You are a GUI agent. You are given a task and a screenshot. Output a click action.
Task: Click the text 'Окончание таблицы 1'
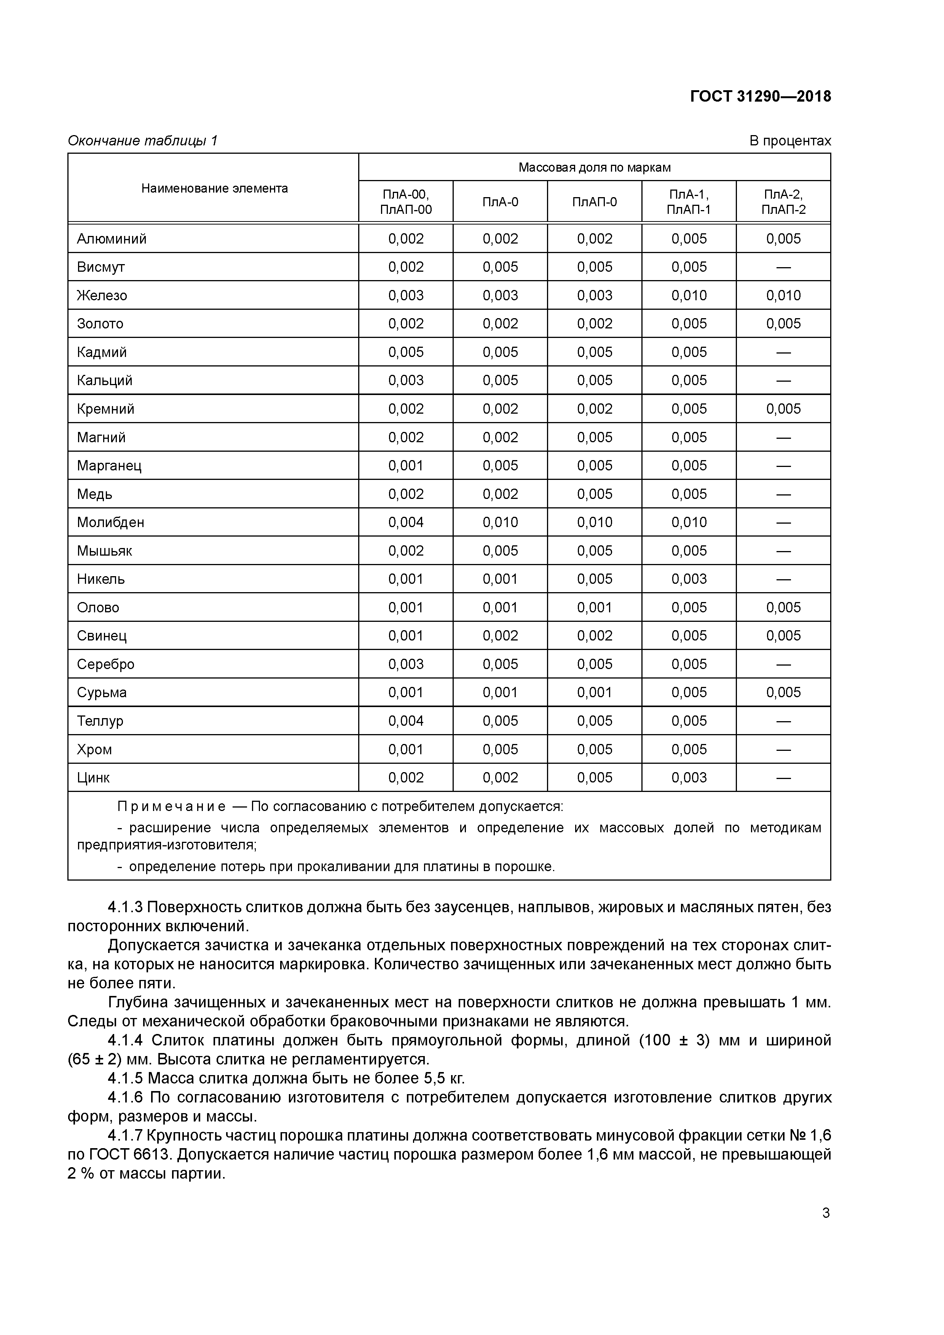pos(142,141)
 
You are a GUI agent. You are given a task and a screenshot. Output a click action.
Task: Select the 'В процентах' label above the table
pos(790,141)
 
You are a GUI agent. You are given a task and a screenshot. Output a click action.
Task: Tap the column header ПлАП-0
pos(595,202)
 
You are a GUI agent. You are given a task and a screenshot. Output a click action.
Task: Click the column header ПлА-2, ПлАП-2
pos(783,202)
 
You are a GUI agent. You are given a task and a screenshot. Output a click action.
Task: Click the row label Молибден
pos(110,522)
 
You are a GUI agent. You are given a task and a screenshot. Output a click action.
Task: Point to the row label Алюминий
pos(112,239)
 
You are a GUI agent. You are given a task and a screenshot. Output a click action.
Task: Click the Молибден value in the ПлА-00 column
pos(406,522)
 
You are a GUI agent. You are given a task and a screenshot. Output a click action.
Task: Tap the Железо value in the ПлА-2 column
pos(783,295)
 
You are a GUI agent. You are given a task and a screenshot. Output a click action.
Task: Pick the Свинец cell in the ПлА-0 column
pos(500,636)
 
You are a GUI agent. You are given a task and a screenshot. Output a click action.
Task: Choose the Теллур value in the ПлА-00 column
pos(406,721)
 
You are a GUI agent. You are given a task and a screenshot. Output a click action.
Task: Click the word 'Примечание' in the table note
pos(172,807)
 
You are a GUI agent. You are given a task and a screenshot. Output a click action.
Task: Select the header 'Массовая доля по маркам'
pos(595,167)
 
